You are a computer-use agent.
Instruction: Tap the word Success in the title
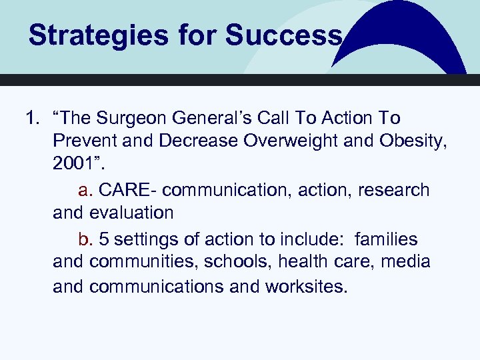[x=283, y=35]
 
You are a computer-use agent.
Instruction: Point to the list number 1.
[x=31, y=119]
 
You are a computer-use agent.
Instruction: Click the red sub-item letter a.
[x=84, y=190]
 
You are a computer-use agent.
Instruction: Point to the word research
[x=394, y=190]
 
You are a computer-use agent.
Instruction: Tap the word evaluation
[x=132, y=213]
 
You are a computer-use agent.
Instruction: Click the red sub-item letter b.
[x=84, y=238]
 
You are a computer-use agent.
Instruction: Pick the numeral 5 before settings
[x=104, y=238]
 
